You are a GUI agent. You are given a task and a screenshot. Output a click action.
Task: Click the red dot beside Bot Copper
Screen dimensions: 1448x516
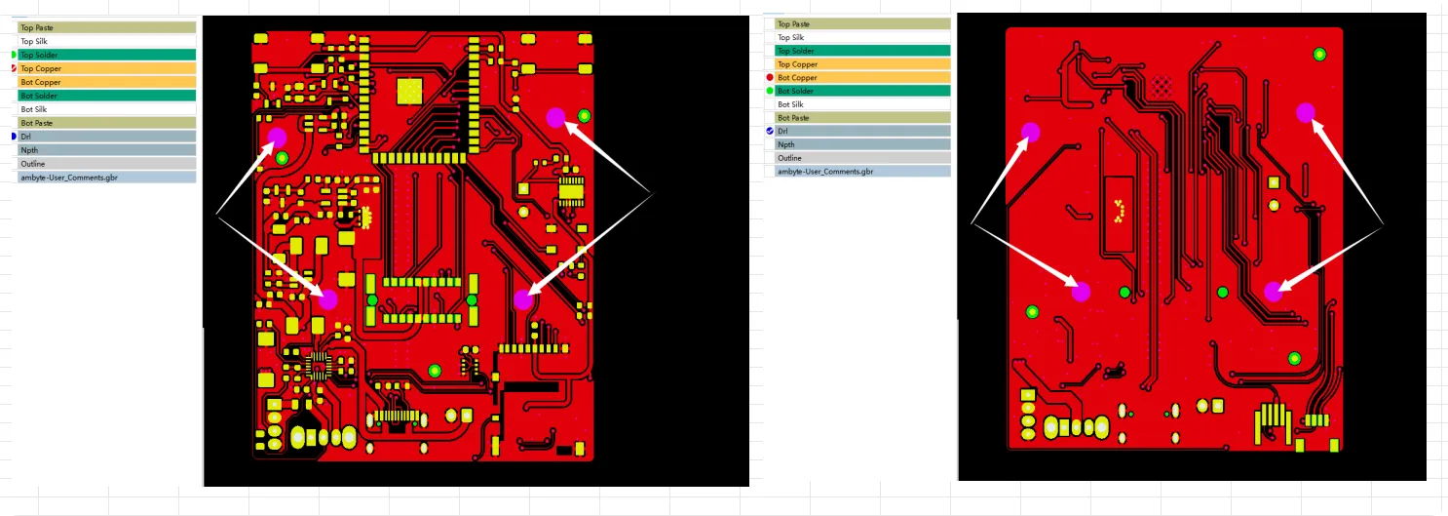[769, 77]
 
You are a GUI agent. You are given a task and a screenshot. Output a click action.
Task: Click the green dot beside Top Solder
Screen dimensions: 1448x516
[14, 55]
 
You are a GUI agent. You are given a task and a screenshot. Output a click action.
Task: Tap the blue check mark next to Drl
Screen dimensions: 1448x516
[769, 131]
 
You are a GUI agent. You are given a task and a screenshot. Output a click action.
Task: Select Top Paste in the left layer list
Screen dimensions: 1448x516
[36, 28]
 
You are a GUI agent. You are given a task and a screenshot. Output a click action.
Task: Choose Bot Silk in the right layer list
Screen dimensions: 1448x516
[790, 104]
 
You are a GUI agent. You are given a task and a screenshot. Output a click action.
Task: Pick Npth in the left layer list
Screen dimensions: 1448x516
[29, 150]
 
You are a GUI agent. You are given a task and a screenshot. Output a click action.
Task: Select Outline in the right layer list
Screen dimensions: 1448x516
[789, 158]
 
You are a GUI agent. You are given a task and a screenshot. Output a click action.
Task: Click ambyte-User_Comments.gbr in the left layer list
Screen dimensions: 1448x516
[68, 178]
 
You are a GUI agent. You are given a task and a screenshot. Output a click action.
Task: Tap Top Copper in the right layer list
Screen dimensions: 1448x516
[798, 64]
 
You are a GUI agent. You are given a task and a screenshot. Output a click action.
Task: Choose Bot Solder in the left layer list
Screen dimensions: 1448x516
[39, 96]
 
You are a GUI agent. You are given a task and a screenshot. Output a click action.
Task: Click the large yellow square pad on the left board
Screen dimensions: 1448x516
[410, 92]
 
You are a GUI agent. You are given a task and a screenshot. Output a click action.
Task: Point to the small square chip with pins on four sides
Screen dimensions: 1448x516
[318, 367]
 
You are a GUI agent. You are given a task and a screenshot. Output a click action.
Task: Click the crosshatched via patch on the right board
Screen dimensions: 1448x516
[1162, 86]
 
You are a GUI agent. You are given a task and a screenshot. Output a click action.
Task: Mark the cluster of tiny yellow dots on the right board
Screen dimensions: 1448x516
[1119, 211]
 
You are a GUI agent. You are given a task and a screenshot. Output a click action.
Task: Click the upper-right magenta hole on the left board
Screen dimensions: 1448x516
[556, 118]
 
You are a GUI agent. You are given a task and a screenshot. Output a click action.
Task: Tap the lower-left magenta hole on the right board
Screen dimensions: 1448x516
[1081, 292]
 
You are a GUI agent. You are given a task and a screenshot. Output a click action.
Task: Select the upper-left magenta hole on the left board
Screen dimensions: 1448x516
[278, 137]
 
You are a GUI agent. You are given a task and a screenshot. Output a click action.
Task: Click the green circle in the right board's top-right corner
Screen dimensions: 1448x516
[1319, 55]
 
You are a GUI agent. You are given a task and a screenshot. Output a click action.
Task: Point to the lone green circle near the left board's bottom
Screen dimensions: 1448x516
[435, 371]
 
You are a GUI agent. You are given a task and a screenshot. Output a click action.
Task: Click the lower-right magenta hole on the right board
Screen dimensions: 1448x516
[1274, 292]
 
